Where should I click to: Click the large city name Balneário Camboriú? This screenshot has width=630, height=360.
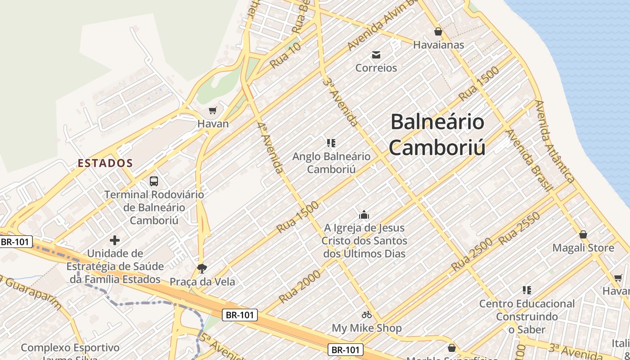point(437,135)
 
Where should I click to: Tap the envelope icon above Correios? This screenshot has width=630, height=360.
point(376,55)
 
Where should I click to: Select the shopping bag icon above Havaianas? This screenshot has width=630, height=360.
point(438,31)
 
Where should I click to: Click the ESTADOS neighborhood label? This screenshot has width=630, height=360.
point(105,163)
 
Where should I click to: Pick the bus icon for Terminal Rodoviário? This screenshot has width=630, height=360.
point(154,181)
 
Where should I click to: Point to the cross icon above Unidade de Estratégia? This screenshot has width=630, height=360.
point(115,240)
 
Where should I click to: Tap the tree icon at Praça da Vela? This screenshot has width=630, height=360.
point(202,269)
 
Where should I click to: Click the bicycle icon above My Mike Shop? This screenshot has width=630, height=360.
point(367,315)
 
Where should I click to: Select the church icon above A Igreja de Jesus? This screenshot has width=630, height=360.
point(364,215)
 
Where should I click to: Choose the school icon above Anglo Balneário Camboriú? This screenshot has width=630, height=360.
point(331,143)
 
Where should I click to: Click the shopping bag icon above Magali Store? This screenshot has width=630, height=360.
point(583,234)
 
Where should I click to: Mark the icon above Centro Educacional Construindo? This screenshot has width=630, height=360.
point(527,290)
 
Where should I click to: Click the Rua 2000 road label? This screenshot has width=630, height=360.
point(300,287)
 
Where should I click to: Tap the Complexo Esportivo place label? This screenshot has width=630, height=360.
point(70,348)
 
